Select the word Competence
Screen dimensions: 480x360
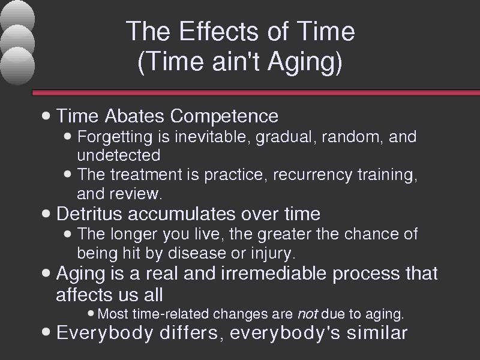pyautogui.click(x=224, y=116)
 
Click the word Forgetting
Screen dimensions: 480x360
pyautogui.click(x=115, y=137)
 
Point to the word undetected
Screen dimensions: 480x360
pyautogui.click(x=118, y=155)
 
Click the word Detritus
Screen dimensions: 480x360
pyautogui.click(x=89, y=214)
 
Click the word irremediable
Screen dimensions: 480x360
pyautogui.click(x=273, y=273)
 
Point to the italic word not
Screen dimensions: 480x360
pyautogui.click(x=308, y=314)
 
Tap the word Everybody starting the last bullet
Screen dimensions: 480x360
pyautogui.click(x=105, y=333)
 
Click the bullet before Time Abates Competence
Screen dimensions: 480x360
pyautogui.click(x=46, y=116)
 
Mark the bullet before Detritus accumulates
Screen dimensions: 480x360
pyautogui.click(x=46, y=214)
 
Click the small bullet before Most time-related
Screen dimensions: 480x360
pyautogui.click(x=91, y=313)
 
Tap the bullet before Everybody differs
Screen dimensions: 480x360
pyautogui.click(x=46, y=332)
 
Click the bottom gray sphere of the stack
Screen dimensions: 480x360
pyautogui.click(x=17, y=65)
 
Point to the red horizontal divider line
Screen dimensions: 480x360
pyautogui.click(x=256, y=93)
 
